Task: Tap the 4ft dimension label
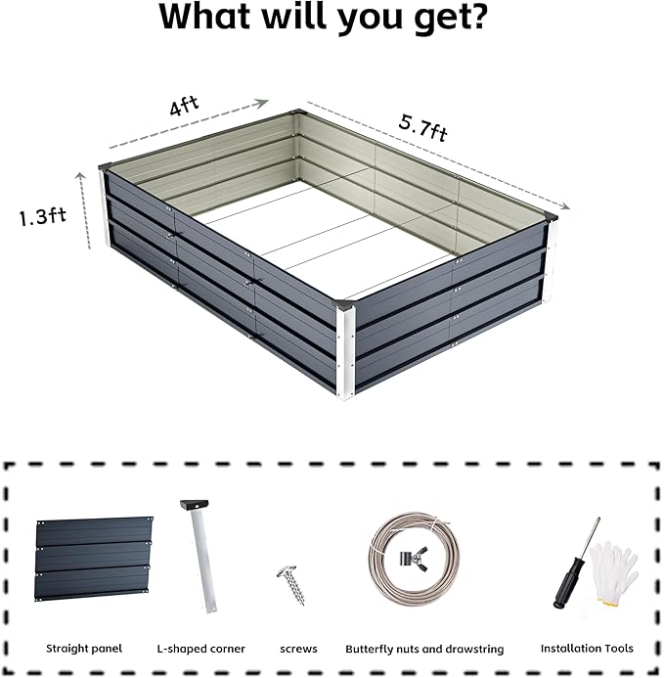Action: (179, 108)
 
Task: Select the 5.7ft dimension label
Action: (422, 127)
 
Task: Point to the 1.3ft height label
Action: (41, 216)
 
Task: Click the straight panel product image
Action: (94, 560)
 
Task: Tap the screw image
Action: (290, 584)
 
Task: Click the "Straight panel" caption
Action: (84, 648)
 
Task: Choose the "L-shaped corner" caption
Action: (200, 648)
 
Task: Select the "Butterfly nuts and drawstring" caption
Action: (424, 648)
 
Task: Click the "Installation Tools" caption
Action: (587, 648)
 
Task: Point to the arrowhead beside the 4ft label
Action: (262, 100)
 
